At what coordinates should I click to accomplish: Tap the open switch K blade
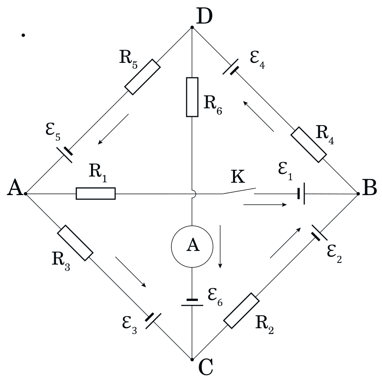pos(239,191)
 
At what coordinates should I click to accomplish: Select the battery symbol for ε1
pos(301,194)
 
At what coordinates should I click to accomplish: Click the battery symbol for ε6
pos(192,303)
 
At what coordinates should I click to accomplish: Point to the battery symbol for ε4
pos(231,67)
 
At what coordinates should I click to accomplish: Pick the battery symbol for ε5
pos(65,155)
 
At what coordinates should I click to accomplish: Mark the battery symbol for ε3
pos(153,321)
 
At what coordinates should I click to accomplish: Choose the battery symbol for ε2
pos(320,233)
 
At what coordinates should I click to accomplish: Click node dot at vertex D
pos(192,27)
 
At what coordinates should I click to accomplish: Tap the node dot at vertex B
pos(358,194)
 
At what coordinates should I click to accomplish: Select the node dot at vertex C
pos(192,360)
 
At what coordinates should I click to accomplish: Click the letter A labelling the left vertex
pos(15,187)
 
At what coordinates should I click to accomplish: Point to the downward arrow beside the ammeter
pos(220,246)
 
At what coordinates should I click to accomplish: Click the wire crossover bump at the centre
pos(195,194)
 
